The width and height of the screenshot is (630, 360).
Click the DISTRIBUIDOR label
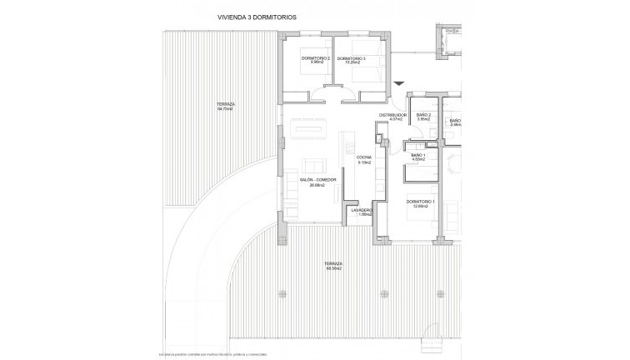tap(392, 117)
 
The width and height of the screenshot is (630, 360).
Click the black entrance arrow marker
tap(401, 82)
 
